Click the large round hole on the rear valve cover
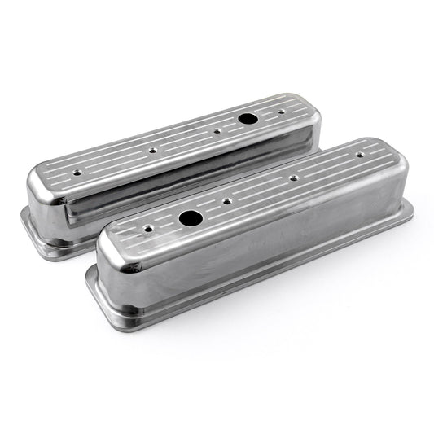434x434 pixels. (244, 119)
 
